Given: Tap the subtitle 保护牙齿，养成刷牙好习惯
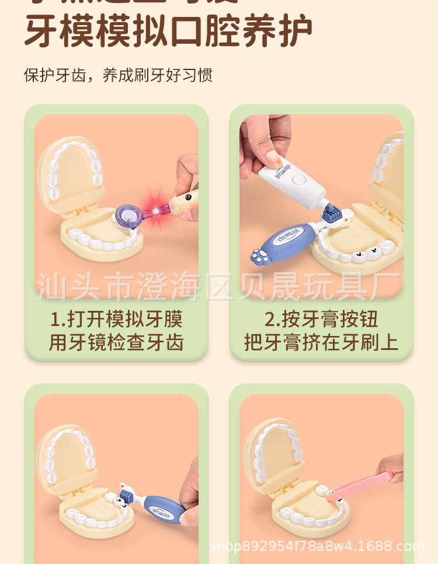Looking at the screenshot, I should tap(118, 75).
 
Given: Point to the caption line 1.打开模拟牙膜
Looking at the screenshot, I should tap(116, 319).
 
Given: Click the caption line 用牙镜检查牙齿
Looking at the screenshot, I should tap(116, 342).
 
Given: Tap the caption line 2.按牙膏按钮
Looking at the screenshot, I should tap(321, 319).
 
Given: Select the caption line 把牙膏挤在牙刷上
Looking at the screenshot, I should tap(321, 342).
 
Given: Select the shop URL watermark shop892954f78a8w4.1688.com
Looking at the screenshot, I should tap(316, 547).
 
